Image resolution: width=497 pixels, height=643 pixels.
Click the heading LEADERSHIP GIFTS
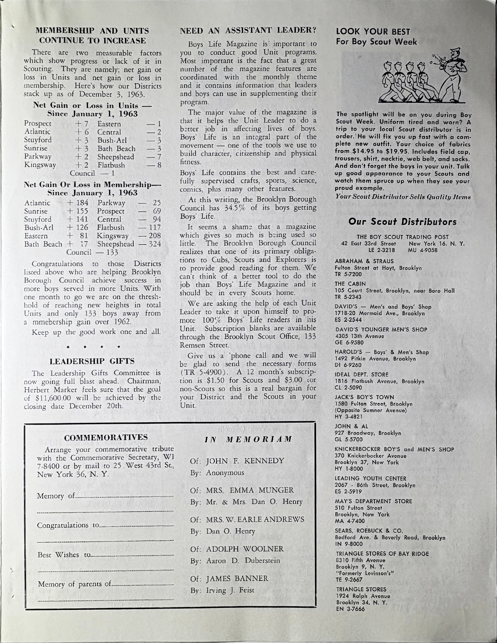tap(92, 361)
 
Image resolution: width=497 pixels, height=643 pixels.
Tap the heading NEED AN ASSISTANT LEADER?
tap(248, 30)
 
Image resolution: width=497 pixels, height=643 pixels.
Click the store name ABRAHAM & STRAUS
tap(360, 261)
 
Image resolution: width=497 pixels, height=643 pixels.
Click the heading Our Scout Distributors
tap(403, 222)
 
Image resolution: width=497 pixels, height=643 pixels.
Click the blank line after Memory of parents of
tap(143, 585)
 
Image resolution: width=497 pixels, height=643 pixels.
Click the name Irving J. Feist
tap(227, 590)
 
